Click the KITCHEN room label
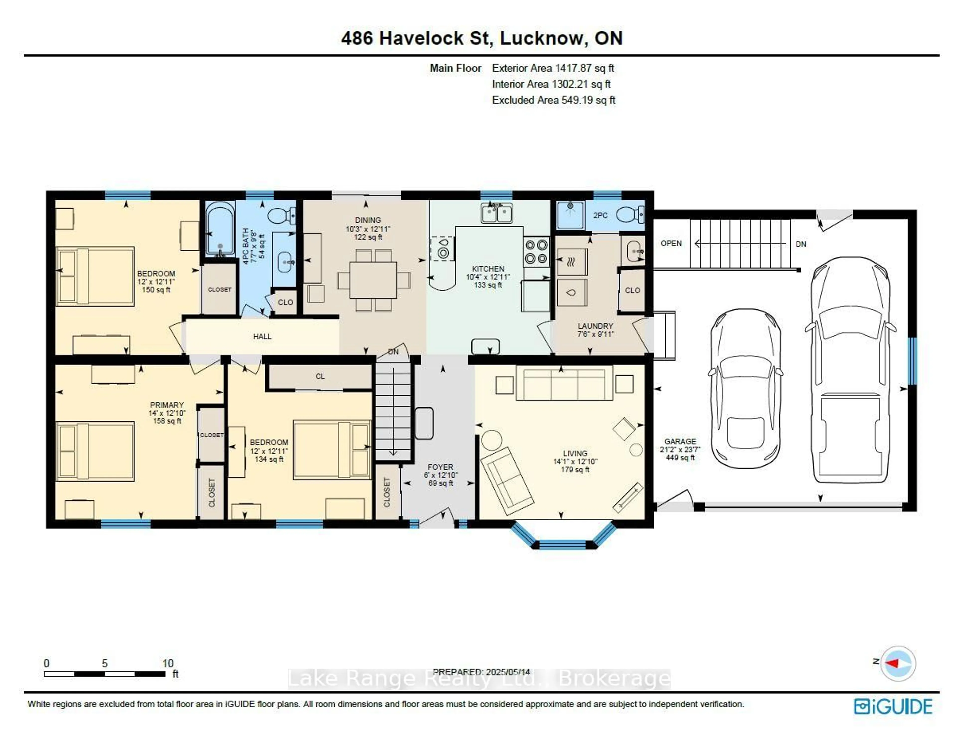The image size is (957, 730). pos(488,269)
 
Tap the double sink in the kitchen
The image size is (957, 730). pos(496,213)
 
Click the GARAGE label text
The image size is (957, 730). pos(680,441)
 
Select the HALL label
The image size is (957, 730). pos(262,336)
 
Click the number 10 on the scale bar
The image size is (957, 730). pos(168,663)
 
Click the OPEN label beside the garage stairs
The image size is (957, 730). pos(671,243)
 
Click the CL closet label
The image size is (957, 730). pos(320,376)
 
